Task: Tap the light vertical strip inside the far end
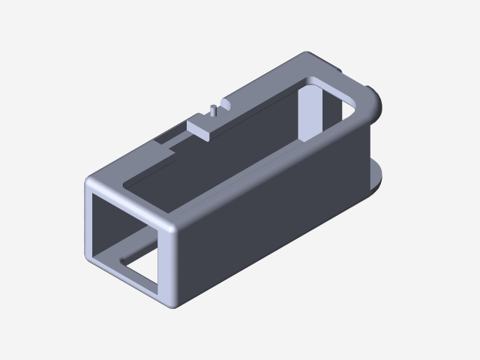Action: tap(310, 112)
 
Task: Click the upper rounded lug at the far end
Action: tap(376, 104)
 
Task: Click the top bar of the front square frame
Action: tap(131, 202)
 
